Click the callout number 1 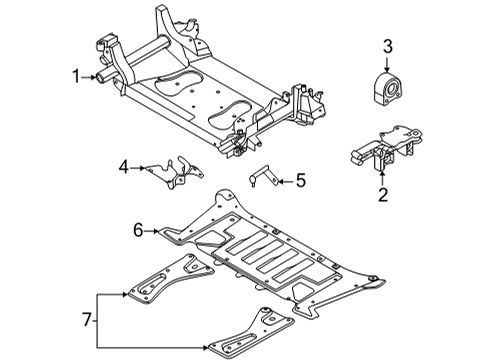coord(76,76)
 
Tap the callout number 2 coord(383,195)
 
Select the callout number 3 coord(387,47)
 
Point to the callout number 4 coord(124,167)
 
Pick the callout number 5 coord(301,181)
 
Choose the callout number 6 coord(138,230)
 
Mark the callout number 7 coord(87,320)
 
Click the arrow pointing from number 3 coord(387,65)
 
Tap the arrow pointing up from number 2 coord(383,177)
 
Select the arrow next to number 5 coord(286,181)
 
